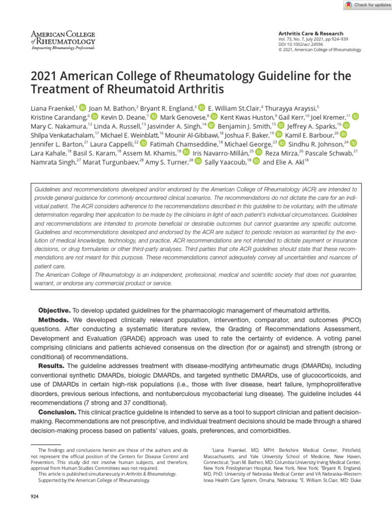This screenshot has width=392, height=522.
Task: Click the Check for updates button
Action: click(x=366, y=5)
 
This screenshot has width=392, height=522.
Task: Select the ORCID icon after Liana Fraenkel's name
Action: click(x=83, y=108)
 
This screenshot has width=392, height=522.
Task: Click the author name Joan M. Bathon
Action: click(x=112, y=108)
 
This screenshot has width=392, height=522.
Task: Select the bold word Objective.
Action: click(x=55, y=310)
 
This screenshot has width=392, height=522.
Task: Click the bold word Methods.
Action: click(x=55, y=320)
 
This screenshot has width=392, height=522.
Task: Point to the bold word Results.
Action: click(x=52, y=366)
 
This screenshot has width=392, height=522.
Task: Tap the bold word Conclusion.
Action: click(x=57, y=412)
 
